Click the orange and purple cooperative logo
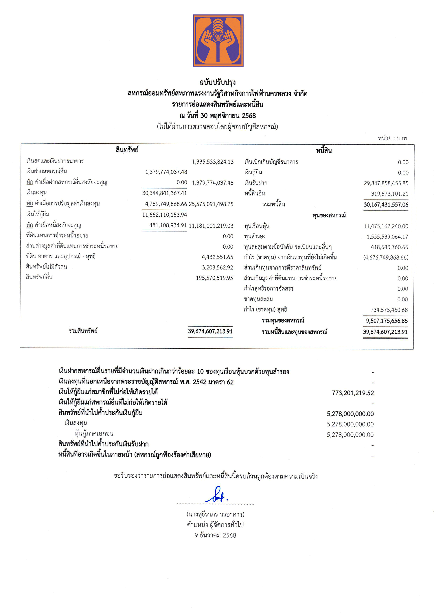click(x=218, y=40)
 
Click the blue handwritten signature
click(x=217, y=495)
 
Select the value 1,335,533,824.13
click(x=213, y=162)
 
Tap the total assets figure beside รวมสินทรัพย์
click(x=210, y=331)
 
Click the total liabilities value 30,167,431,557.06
click(x=386, y=205)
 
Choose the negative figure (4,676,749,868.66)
click(x=386, y=258)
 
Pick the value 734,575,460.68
click(x=389, y=310)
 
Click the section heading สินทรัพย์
click(x=127, y=150)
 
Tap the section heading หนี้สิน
click(x=324, y=151)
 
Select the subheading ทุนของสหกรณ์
click(x=329, y=215)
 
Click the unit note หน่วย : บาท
click(x=392, y=138)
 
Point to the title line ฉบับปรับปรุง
click(x=217, y=82)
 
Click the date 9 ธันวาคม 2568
click(x=215, y=535)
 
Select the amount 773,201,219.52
click(x=353, y=393)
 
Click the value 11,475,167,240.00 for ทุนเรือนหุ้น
click(x=386, y=226)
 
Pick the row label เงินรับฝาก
click(x=256, y=183)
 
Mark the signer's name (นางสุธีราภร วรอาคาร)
click(x=216, y=514)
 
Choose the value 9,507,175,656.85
click(x=387, y=321)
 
